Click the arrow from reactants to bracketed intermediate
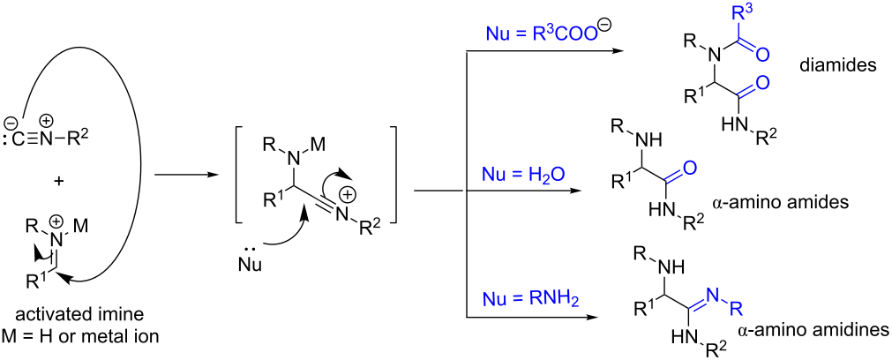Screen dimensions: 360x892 pyautogui.click(x=185, y=175)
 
